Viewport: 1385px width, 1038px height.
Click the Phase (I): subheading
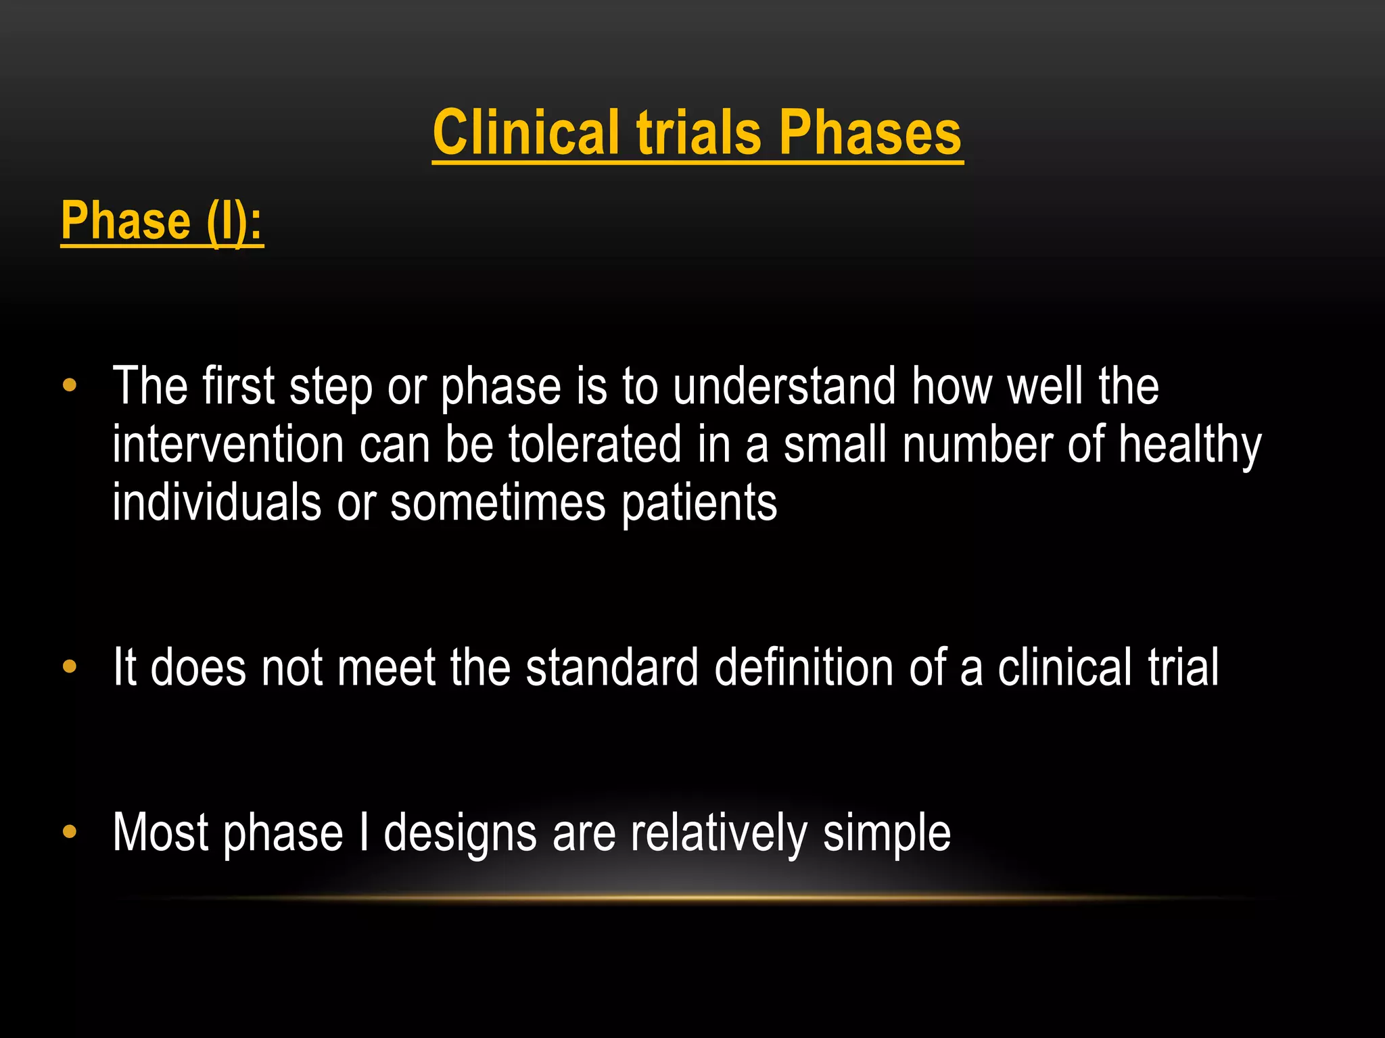(162, 221)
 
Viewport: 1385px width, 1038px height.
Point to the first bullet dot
(70, 386)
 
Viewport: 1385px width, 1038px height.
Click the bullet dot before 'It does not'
(70, 667)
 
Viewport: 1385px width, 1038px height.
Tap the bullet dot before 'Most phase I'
(70, 832)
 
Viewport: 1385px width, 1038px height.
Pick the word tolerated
(595, 445)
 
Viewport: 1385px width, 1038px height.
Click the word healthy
(1190, 446)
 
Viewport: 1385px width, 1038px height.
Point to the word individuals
(216, 503)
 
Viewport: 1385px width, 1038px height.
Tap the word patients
(699, 504)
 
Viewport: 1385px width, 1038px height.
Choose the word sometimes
(498, 503)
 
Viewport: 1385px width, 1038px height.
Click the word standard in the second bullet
(612, 667)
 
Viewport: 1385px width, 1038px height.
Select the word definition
(804, 667)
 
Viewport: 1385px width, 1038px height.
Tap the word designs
(460, 833)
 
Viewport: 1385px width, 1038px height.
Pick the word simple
(887, 833)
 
